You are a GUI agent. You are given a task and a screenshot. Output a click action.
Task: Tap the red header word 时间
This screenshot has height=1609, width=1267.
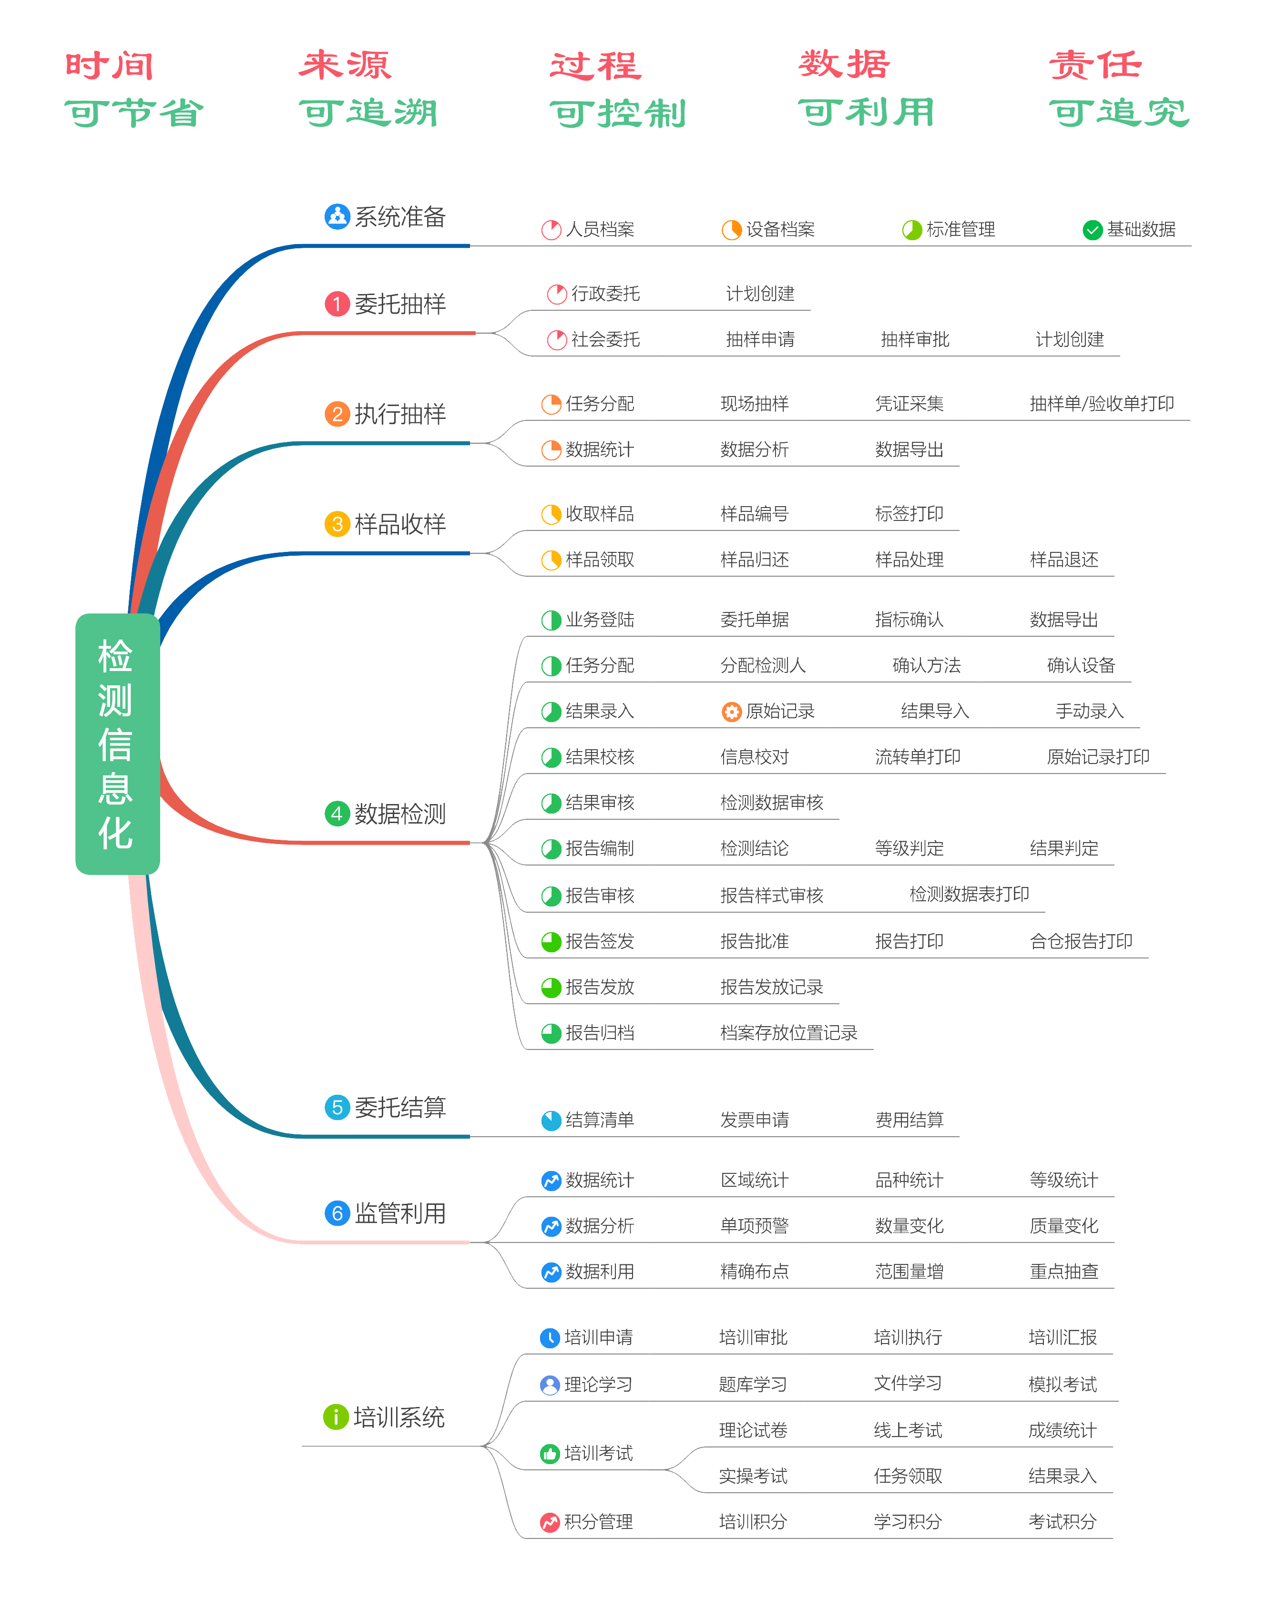click(x=109, y=66)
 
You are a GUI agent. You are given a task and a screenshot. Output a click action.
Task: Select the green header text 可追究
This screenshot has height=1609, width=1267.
click(x=1120, y=112)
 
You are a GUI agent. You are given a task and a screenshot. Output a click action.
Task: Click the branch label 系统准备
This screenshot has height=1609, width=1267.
click(x=400, y=216)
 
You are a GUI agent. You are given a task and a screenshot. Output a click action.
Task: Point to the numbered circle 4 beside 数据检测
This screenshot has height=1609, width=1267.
click(x=337, y=814)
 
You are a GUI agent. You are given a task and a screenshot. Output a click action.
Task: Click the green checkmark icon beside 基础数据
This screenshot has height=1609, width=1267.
click(x=1092, y=230)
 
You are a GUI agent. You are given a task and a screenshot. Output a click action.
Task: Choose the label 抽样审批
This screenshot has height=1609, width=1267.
click(x=915, y=340)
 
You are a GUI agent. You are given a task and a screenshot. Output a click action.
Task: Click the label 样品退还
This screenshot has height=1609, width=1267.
click(x=1064, y=560)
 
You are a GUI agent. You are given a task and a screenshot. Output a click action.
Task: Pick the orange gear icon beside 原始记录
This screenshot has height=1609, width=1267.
click(x=731, y=712)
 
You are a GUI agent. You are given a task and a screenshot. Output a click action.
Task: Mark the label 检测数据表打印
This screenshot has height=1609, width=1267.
click(x=969, y=894)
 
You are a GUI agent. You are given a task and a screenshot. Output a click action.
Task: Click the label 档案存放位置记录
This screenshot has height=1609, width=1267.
click(x=788, y=1033)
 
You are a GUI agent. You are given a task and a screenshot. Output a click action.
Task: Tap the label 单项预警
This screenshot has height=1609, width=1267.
click(x=755, y=1226)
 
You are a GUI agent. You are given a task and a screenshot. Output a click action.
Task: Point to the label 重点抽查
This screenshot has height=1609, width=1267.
click(x=1064, y=1272)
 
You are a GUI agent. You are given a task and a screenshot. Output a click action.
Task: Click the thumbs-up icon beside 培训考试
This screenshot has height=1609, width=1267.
click(x=550, y=1454)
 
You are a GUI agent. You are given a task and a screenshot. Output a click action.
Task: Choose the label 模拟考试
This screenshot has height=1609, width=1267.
click(x=1062, y=1385)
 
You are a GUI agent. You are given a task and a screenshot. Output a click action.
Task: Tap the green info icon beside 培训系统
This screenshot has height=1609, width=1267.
click(x=335, y=1417)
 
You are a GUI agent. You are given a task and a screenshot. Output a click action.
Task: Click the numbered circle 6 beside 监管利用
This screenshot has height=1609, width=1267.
click(x=337, y=1213)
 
